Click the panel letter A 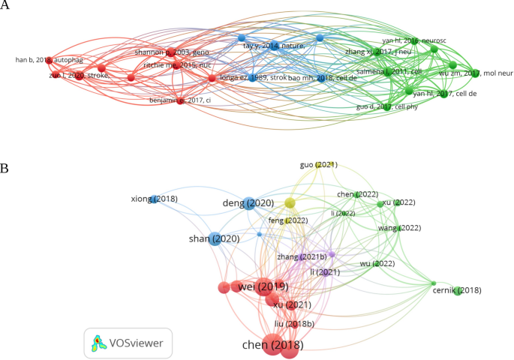pyautogui.click(x=5, y=7)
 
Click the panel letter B pyautogui.click(x=5, y=169)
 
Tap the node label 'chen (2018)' pyautogui.click(x=273, y=345)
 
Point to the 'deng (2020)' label pyautogui.click(x=248, y=202)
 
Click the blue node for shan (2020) pyautogui.click(x=215, y=239)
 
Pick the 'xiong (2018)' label pyautogui.click(x=154, y=199)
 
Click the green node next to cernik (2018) pyautogui.click(x=457, y=290)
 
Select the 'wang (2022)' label pyautogui.click(x=400, y=227)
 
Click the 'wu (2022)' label pyautogui.click(x=377, y=263)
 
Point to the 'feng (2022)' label pyautogui.click(x=288, y=220)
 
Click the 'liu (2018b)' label pyautogui.click(x=295, y=323)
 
